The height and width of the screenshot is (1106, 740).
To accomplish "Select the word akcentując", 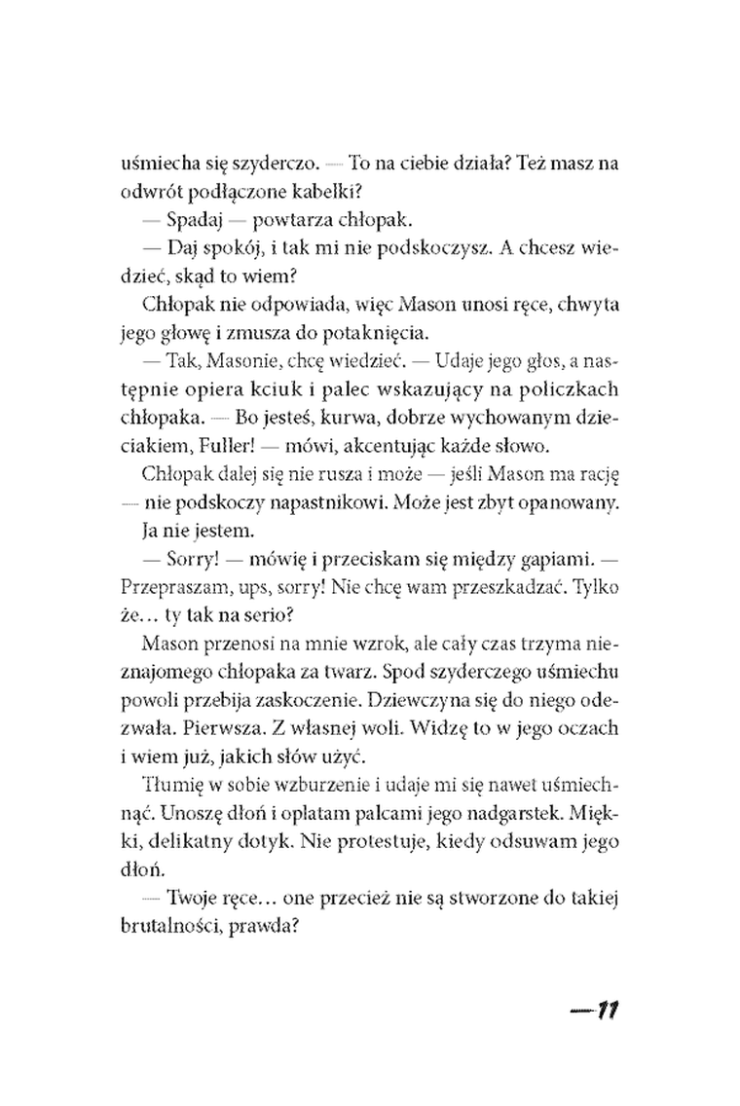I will click(375, 446).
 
